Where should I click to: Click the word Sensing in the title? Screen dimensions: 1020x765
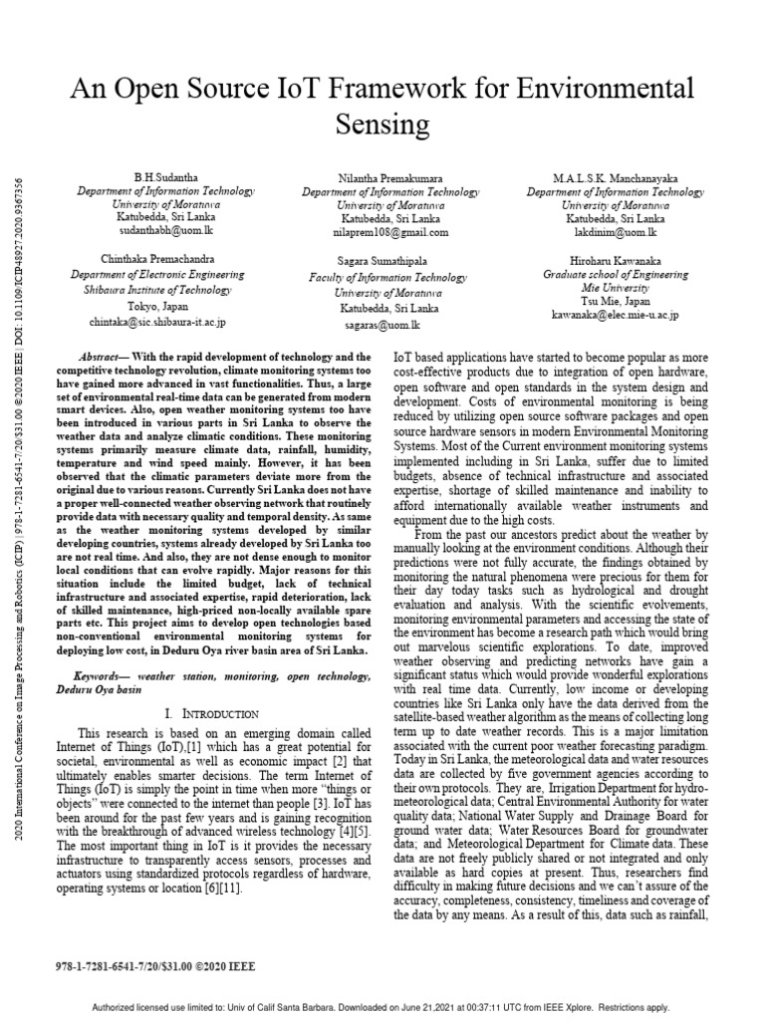tap(382, 125)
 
